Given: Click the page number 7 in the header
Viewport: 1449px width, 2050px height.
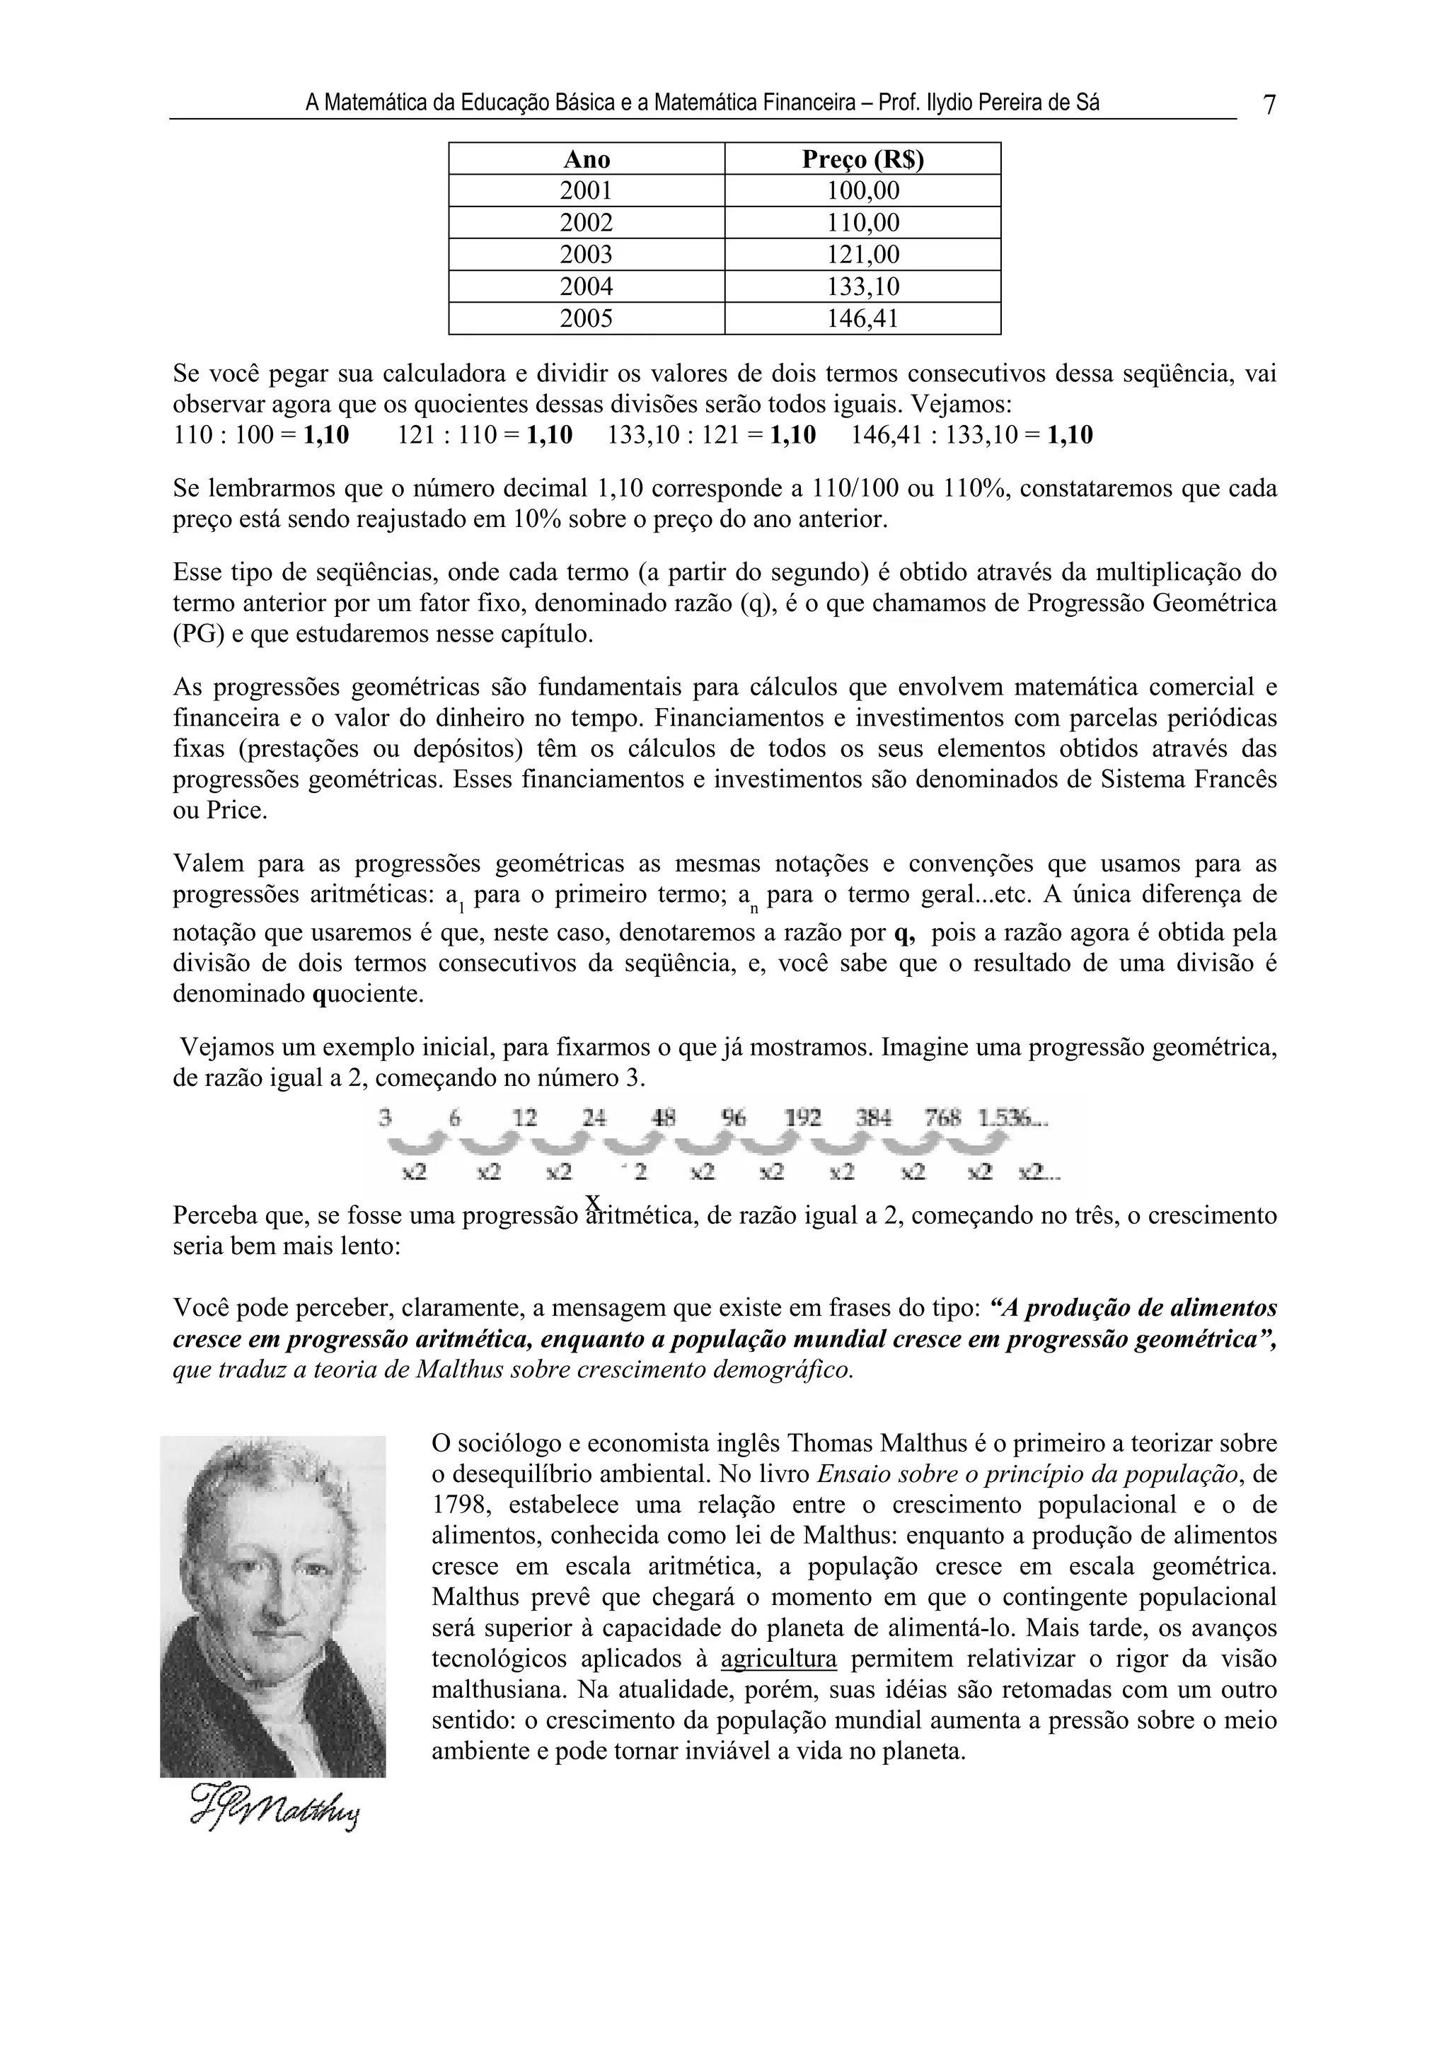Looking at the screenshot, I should [1269, 105].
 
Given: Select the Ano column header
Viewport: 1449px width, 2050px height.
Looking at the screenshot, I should [587, 159].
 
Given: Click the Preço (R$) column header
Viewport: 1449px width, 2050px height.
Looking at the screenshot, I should [862, 159].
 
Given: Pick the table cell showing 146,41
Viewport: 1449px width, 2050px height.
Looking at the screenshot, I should [862, 319].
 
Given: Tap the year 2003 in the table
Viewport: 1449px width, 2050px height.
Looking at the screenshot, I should [587, 255].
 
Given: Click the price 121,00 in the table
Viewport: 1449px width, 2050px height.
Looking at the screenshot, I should [862, 255].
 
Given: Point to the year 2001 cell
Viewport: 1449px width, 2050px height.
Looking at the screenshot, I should [587, 191].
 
